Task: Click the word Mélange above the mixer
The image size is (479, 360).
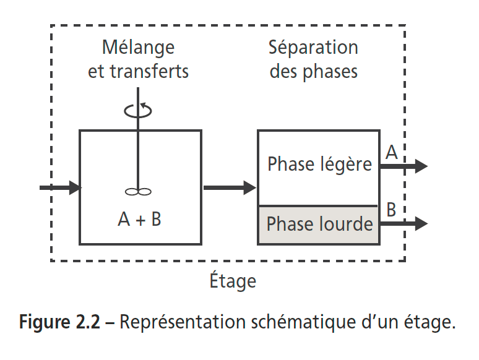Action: [138, 48]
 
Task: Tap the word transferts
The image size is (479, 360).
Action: [149, 71]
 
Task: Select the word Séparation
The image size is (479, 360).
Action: [313, 48]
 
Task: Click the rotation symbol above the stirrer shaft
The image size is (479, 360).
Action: [138, 111]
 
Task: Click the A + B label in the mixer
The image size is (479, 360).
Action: [139, 219]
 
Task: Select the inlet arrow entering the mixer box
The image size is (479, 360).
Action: [60, 187]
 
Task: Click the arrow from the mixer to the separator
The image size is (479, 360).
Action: [229, 187]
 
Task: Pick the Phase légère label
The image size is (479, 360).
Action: [319, 164]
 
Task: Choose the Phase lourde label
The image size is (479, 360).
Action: [319, 223]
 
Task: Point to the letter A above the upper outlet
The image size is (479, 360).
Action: [391, 152]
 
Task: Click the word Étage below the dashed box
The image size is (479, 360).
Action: [232, 281]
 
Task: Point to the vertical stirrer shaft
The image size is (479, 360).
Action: [138, 155]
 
